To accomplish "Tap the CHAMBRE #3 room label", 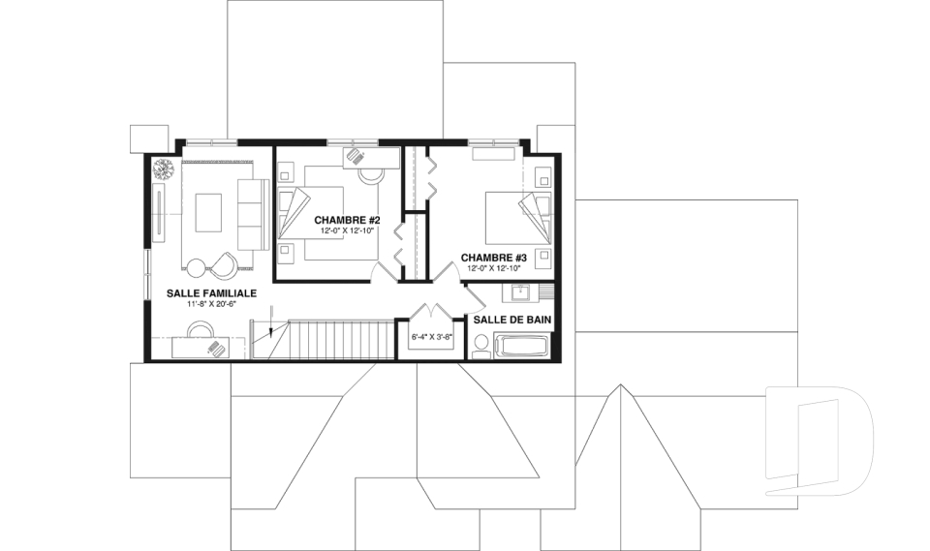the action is pos(493,258).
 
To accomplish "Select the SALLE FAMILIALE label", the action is pos(211,293).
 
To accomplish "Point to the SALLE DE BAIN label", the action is pos(512,320).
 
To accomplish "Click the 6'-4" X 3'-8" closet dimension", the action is pos(431,337).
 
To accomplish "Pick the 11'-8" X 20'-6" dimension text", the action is pos(211,304).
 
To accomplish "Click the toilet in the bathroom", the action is pos(481,347).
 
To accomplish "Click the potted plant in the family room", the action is pos(163,169).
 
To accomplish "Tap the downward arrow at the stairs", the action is pos(270,321).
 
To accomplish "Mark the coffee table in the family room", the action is pos(209,212).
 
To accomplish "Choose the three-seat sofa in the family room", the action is pos(250,214).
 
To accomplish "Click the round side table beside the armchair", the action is pos(195,267).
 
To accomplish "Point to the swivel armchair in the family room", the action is pos(223,265).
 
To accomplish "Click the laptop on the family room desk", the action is pos(217,349).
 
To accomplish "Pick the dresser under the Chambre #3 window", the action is pos(493,154).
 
